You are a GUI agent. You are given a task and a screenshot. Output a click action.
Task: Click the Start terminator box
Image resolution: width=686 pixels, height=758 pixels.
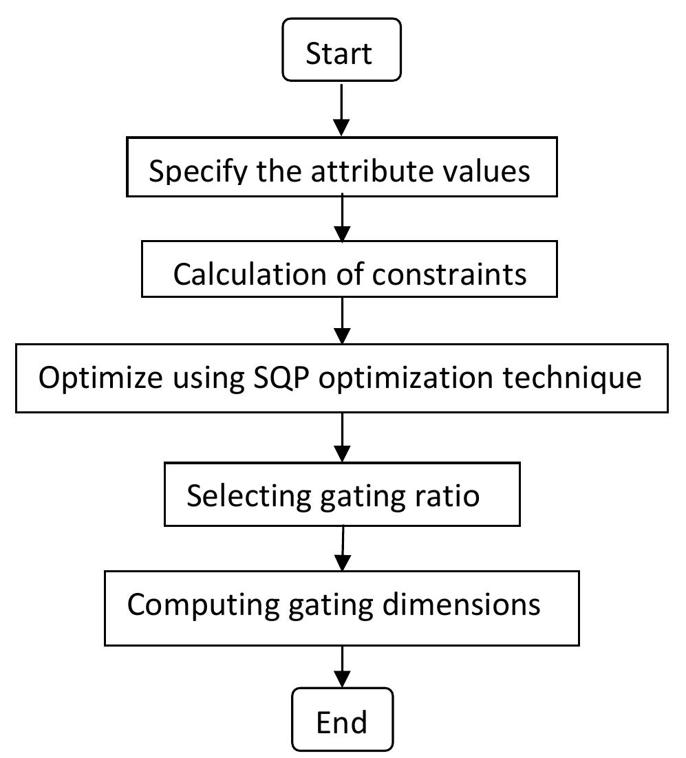coord(341,50)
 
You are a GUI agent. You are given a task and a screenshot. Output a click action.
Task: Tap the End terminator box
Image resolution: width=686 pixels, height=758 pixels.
coord(342,719)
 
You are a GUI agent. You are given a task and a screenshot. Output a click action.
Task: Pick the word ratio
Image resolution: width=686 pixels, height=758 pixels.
coord(448,495)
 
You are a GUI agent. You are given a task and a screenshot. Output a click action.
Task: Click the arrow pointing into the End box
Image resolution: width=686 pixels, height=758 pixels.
coord(342,667)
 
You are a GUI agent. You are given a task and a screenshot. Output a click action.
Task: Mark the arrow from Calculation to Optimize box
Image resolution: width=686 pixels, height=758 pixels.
coord(342,321)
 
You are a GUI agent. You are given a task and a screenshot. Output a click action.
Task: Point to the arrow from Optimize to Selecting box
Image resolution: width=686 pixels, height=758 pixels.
coord(342,437)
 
